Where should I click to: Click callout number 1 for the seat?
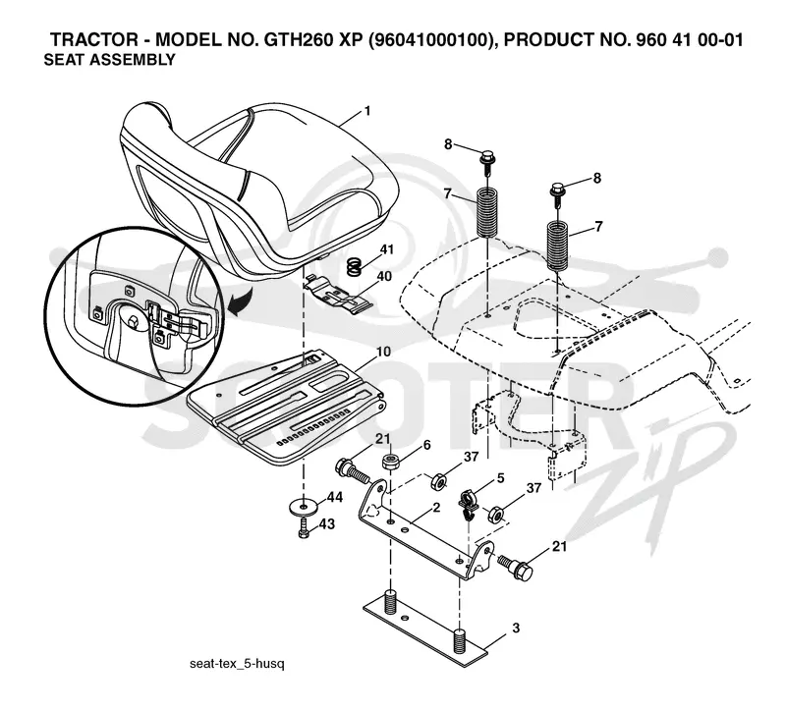(x=367, y=110)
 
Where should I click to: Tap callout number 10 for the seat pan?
(x=383, y=352)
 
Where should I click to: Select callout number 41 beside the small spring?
(x=386, y=249)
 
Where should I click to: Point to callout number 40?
(x=384, y=276)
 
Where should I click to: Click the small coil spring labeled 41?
(x=355, y=266)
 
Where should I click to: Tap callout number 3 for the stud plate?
(x=516, y=628)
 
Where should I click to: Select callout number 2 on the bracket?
(x=436, y=508)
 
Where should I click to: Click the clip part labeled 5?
(x=468, y=503)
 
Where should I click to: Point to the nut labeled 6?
(x=391, y=462)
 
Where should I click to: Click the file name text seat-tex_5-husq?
(x=237, y=664)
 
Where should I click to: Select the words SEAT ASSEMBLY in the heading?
(x=110, y=60)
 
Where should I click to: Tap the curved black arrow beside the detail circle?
(x=240, y=302)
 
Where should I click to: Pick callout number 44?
(x=335, y=497)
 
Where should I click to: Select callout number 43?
(x=327, y=523)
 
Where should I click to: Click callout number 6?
(x=426, y=445)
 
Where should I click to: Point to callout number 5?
(x=500, y=478)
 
